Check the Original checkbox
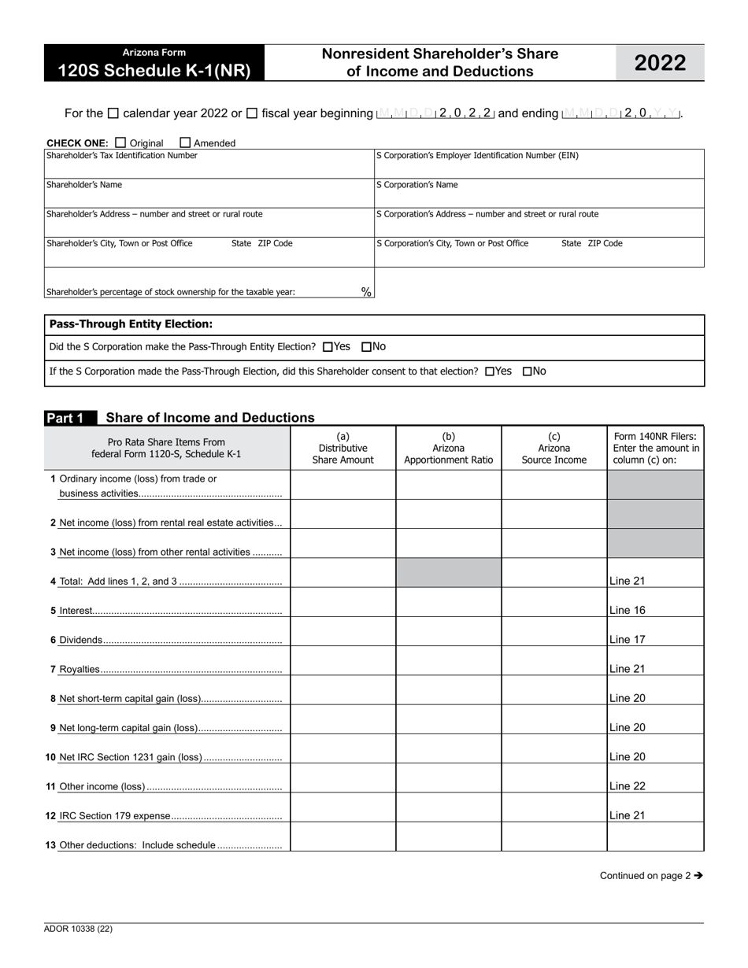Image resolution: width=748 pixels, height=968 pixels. point(120,142)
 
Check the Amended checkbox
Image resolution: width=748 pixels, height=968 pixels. point(185,142)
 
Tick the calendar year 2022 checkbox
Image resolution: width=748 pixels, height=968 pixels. point(113,113)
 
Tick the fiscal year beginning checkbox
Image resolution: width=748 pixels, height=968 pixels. point(252,113)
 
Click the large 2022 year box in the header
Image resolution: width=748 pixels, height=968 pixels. point(660,63)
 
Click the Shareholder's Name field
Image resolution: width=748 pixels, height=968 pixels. point(209,198)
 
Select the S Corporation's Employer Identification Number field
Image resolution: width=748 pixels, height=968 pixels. point(539,168)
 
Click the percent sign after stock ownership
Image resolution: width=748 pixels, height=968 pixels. point(366,292)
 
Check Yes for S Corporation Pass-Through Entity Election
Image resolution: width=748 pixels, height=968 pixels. point(328,347)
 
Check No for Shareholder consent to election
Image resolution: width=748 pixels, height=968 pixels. point(528,371)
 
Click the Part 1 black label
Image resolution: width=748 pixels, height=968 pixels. point(69,418)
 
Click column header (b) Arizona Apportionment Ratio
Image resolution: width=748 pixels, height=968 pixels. point(448,448)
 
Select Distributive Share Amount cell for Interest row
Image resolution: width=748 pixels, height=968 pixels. point(343,603)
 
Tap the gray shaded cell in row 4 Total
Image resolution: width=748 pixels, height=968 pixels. point(448,573)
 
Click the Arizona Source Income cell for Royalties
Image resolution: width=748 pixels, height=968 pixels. point(554,661)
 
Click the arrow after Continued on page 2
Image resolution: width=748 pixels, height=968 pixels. point(698,875)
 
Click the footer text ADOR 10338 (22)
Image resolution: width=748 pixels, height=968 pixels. point(78,929)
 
